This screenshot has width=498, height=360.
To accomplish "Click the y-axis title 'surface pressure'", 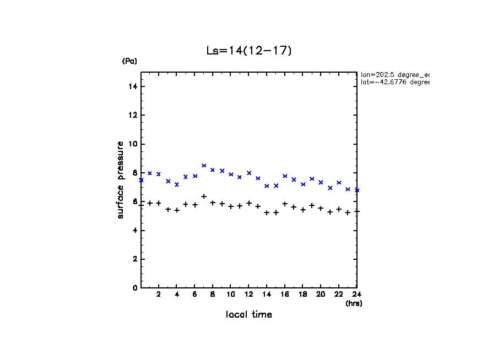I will (121, 179).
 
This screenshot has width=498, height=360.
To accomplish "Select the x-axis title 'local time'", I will (248, 315).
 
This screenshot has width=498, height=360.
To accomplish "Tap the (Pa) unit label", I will (129, 61).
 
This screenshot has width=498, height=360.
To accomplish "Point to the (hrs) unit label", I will (354, 303).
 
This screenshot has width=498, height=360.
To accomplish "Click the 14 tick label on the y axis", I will (133, 86).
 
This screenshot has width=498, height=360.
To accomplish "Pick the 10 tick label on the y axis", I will (133, 144).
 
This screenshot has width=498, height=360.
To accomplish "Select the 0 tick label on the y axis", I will (135, 288).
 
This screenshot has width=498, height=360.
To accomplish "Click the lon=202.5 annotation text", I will (394, 74).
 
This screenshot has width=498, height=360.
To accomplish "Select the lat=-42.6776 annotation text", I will (394, 82).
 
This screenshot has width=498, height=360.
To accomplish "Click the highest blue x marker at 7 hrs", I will (204, 166).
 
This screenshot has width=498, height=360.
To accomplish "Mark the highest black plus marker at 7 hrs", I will (204, 197).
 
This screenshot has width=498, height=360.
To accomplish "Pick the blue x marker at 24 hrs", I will (357, 190).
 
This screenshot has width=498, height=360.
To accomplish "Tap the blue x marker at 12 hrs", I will (249, 173).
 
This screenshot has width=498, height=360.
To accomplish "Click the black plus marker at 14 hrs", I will (267, 212).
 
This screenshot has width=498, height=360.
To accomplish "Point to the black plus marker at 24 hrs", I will (357, 211).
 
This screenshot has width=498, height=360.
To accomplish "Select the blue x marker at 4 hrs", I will (177, 184).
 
